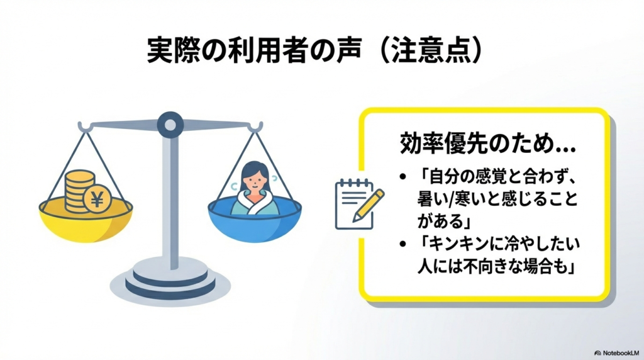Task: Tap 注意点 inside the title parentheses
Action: [x=431, y=51]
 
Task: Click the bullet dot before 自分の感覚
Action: [x=402, y=174]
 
